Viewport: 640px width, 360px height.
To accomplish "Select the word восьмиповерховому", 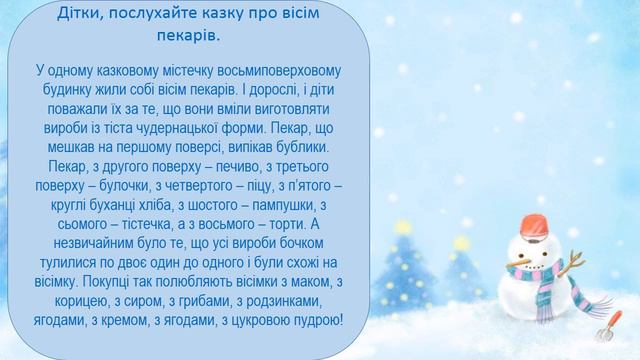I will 277,71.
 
